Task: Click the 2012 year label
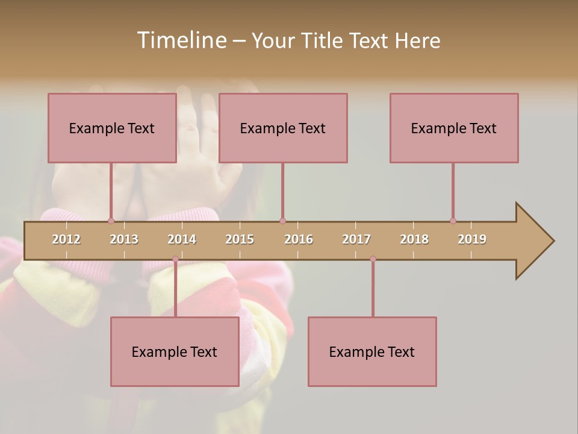point(66,239)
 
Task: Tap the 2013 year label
point(124,239)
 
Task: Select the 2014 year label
point(182,239)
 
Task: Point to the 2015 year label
point(240,239)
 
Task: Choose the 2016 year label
point(299,239)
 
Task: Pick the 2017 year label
point(356,239)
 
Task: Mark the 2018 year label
point(414,239)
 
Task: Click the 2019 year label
point(472,239)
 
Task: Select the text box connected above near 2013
point(112,128)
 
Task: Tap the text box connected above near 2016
point(283,128)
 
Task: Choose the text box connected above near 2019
point(454,128)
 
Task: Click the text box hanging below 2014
point(175,351)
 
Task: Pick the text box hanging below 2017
point(372,351)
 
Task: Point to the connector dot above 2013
point(111,221)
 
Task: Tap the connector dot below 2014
point(175,259)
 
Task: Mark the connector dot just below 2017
point(373,259)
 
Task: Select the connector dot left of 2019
point(453,221)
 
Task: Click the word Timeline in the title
point(181,40)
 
